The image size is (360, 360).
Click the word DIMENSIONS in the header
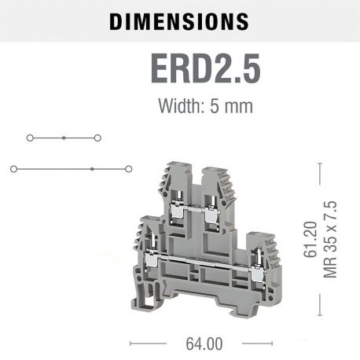(x=179, y=21)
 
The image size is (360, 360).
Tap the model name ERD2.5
(x=204, y=68)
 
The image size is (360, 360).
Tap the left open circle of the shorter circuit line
(x=29, y=138)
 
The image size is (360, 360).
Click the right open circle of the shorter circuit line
(x=97, y=138)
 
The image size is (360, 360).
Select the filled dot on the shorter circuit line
(x=64, y=138)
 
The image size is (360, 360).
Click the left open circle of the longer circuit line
(x=13, y=168)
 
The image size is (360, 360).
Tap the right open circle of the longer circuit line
(x=128, y=168)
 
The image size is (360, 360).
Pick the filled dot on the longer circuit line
(x=92, y=168)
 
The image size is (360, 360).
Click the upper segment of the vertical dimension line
(x=320, y=189)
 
